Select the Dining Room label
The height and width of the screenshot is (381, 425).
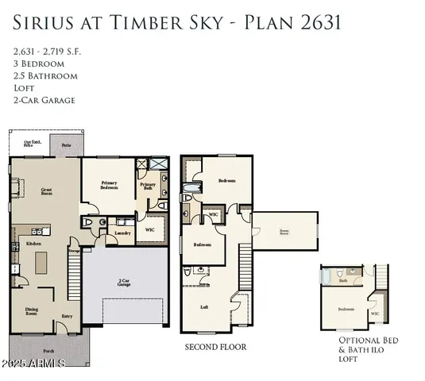33,312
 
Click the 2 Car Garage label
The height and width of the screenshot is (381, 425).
124,281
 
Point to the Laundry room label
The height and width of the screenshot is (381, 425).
122,233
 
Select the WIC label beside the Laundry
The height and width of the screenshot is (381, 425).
149,229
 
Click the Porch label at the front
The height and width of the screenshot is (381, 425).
48,350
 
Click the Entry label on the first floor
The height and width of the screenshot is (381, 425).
68,316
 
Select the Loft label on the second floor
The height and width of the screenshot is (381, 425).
204,307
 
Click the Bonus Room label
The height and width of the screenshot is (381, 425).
284,232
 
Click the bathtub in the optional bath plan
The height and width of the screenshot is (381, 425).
326,277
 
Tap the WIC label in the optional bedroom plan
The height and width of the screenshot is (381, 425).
374,313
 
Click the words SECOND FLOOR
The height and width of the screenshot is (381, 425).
215,347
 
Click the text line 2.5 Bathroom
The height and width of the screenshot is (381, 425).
44,75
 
